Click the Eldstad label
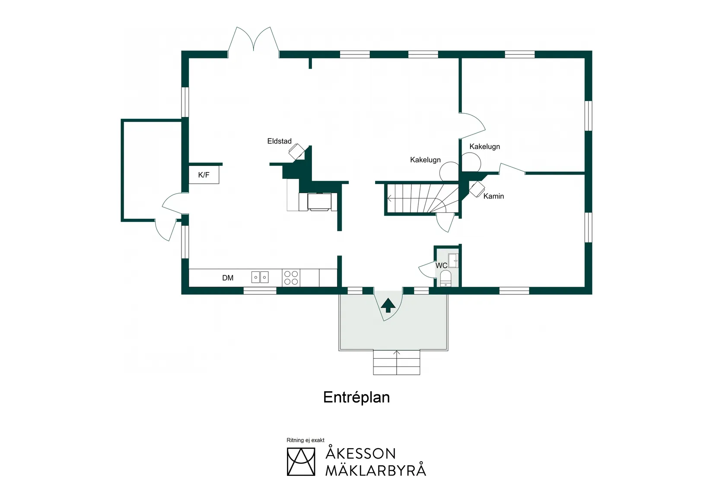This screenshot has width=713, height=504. pyautogui.click(x=279, y=141)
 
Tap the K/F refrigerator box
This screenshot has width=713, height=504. pyautogui.click(x=204, y=175)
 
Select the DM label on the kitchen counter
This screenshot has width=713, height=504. pyautogui.click(x=228, y=278)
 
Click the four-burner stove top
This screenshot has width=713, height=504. pyautogui.click(x=291, y=278)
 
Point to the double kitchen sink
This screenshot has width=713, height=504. pyautogui.click(x=260, y=277)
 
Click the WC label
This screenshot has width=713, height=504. pyautogui.click(x=441, y=265)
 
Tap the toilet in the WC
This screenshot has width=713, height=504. pyautogui.click(x=446, y=278)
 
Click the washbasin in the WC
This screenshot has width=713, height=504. pyautogui.click(x=453, y=261)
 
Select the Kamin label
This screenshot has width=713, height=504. pyautogui.click(x=493, y=196)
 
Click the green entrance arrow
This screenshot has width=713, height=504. pyautogui.click(x=388, y=305)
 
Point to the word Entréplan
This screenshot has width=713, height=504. pyautogui.click(x=356, y=397)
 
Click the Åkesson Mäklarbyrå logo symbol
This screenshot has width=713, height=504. pyautogui.click(x=301, y=462)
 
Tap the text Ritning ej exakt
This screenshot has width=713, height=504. pyautogui.click(x=305, y=440)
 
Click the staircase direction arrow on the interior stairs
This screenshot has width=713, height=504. pyautogui.click(x=390, y=199)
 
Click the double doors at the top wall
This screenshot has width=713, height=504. pyautogui.click(x=253, y=41)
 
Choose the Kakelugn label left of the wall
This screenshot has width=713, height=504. pyautogui.click(x=425, y=160)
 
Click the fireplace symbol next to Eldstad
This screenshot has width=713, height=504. pyautogui.click(x=297, y=151)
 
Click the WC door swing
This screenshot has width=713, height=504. pyautogui.click(x=427, y=269)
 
